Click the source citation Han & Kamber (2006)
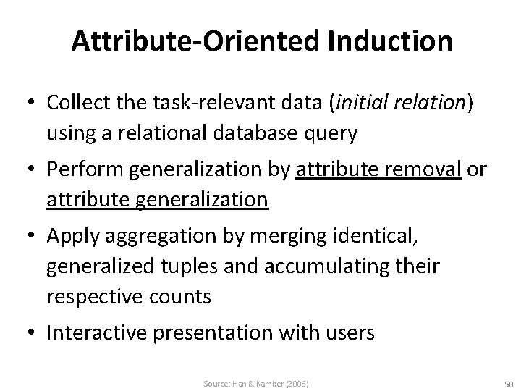(257, 383)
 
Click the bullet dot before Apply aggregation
(33, 235)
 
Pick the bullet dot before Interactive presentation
(33, 333)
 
